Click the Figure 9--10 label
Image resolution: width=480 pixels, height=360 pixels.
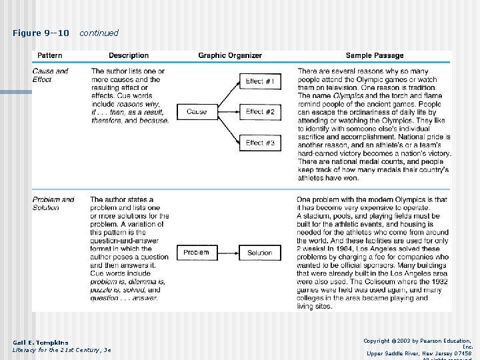[41, 33]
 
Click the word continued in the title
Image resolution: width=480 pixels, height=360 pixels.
[99, 33]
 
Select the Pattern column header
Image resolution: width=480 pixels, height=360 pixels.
[50, 55]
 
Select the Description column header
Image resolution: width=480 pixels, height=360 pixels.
[129, 55]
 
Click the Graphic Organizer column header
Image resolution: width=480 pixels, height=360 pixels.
[230, 55]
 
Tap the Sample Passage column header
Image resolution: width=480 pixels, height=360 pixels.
[373, 55]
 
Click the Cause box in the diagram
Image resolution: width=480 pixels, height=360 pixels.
[197, 112]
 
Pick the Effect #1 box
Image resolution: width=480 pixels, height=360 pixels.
[260, 81]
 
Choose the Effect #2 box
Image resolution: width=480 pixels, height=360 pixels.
[260, 112]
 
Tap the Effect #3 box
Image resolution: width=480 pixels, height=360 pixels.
[260, 143]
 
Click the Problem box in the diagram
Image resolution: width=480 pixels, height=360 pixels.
[196, 253]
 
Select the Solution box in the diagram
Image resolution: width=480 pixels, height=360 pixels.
[260, 253]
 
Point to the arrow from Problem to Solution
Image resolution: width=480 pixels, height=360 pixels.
[228, 253]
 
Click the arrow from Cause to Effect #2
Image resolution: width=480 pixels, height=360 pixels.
[228, 112]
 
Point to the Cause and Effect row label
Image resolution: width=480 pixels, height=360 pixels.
[50, 75]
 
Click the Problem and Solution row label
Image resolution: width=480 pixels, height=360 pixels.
[53, 203]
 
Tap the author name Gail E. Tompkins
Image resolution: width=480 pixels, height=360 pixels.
[40, 343]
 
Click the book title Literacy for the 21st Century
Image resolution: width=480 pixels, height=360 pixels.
[61, 350]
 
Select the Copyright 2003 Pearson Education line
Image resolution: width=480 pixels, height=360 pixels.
[418, 340]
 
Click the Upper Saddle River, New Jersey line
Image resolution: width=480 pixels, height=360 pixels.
[419, 353]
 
